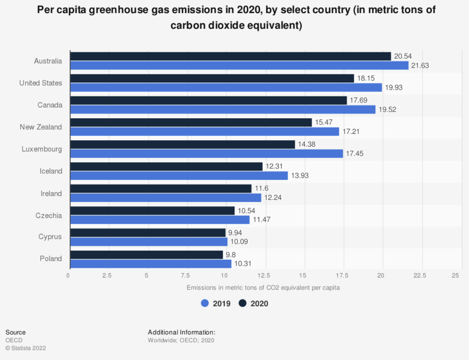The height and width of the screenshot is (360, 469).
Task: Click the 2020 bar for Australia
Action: (230, 56)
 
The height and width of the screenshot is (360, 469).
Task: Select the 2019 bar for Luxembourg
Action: (206, 153)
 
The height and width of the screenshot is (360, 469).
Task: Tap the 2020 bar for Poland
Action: (147, 255)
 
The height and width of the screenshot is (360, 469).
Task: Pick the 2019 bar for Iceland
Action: (179, 176)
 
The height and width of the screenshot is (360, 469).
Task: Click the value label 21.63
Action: (419, 65)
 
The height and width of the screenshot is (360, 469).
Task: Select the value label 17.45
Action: (354, 154)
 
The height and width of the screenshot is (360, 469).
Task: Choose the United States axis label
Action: (41, 83)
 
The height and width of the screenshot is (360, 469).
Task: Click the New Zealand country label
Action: (41, 127)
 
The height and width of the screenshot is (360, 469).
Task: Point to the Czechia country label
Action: (49, 215)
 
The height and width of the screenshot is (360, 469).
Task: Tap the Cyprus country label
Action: (51, 237)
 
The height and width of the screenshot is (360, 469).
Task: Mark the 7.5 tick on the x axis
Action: (186, 275)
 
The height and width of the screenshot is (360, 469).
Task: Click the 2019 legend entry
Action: (216, 303)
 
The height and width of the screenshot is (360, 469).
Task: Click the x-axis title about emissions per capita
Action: (263, 288)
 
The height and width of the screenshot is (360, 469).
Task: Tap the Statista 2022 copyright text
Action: (25, 348)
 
